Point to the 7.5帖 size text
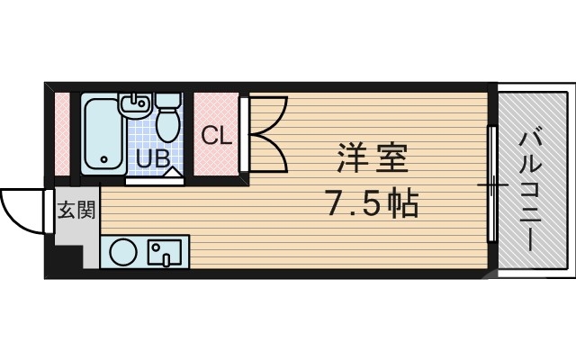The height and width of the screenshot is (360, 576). point(371,204)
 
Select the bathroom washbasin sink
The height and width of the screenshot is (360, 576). point(136,106)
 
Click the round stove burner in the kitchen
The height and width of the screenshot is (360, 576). point(124,252)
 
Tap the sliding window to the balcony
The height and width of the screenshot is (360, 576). point(492,184)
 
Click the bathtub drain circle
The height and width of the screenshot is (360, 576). point(104,163)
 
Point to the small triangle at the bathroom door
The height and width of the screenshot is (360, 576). point(174,169)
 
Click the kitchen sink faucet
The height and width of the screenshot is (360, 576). point(155,248)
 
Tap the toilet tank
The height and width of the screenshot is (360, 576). point(166,100)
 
